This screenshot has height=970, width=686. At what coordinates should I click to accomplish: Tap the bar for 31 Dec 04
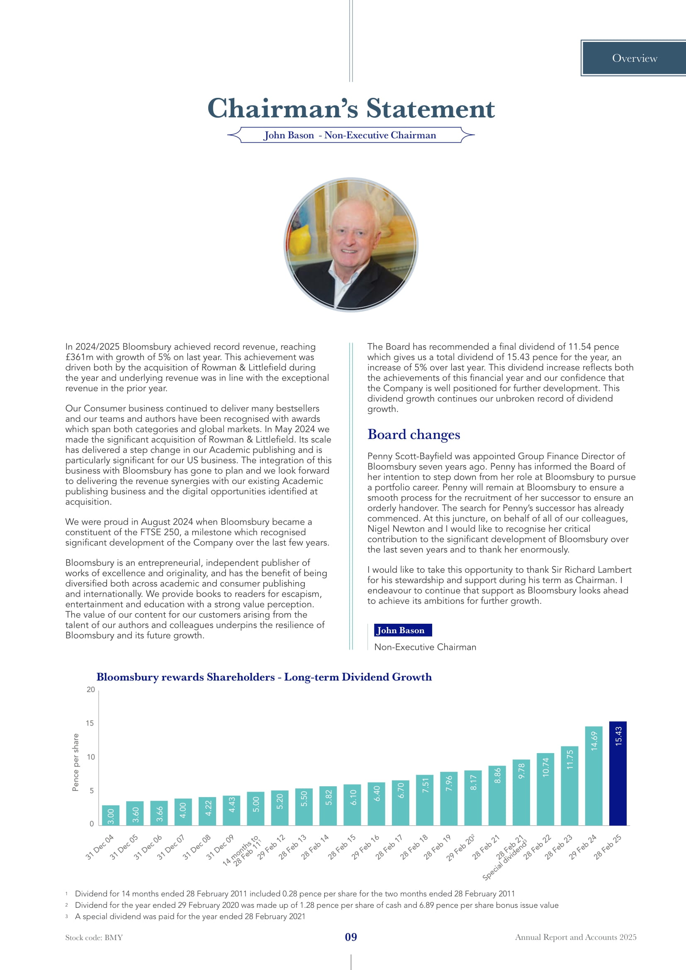click(x=111, y=815)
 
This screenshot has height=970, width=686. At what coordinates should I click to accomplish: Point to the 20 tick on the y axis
click(x=91, y=690)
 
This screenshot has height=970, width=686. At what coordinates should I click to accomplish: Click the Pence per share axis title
click(x=75, y=762)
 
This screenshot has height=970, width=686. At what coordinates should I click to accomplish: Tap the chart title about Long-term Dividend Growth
click(x=264, y=677)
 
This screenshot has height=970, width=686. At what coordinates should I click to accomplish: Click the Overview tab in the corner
click(x=635, y=58)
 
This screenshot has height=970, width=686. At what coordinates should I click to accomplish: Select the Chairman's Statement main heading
click(x=350, y=108)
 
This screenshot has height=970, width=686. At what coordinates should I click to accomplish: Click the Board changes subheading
click(x=414, y=434)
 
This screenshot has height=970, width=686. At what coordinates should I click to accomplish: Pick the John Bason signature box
click(x=403, y=630)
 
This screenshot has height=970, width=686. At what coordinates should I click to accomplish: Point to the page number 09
click(x=351, y=937)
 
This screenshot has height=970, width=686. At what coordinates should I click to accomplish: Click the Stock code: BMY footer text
click(x=94, y=938)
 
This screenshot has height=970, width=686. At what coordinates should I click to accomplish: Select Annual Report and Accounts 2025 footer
click(x=575, y=937)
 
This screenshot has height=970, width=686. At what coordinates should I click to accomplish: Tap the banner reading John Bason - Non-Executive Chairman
click(x=350, y=135)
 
